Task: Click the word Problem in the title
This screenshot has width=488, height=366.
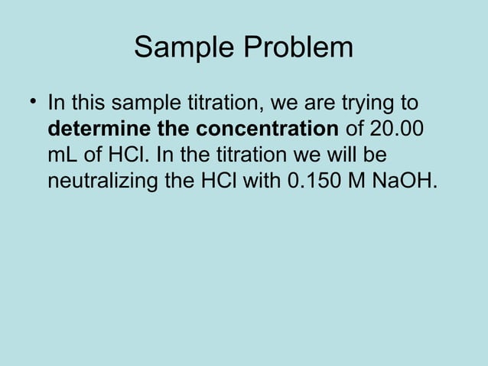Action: point(299,48)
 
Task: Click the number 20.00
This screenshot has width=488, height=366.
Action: point(398,129)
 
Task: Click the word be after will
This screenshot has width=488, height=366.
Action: point(375,156)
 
